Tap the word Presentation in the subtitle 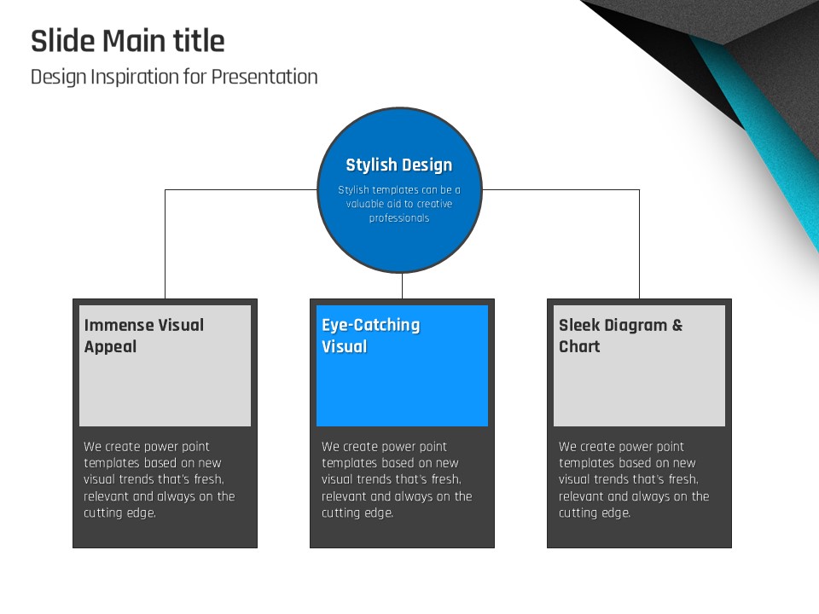click(264, 77)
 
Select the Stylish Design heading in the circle click(399, 165)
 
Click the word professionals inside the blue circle click(399, 218)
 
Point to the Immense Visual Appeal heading click(144, 336)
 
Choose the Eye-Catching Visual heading click(371, 336)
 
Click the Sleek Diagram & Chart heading click(620, 336)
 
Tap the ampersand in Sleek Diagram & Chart click(677, 325)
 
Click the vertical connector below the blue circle click(402, 286)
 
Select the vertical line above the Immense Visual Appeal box click(165, 245)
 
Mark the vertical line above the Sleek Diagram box click(639, 245)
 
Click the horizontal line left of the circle click(241, 189)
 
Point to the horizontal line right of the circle click(561, 189)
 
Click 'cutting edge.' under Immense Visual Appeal click(119, 513)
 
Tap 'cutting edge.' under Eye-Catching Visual click(357, 513)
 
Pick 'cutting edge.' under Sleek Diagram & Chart click(595, 513)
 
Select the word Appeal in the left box click(110, 347)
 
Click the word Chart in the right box click(579, 347)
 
